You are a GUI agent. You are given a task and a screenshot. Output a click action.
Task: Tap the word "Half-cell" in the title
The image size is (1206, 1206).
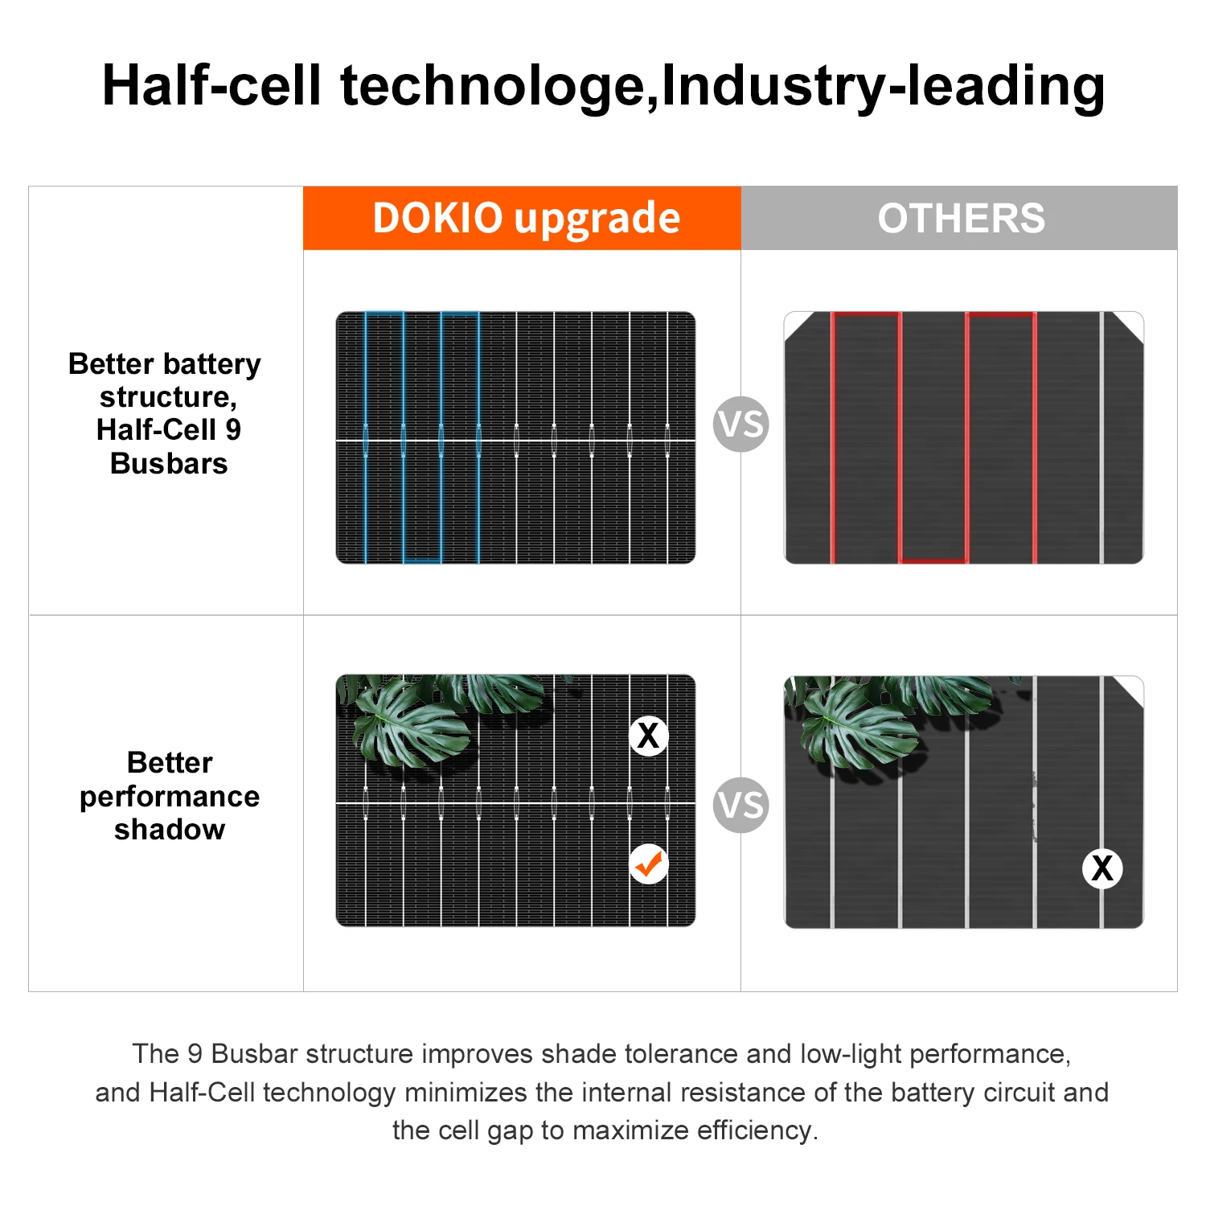point(211,86)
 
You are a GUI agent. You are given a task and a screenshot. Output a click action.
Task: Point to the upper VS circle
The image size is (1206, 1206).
point(740,424)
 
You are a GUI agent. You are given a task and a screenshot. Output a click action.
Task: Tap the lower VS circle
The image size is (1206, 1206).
point(740,805)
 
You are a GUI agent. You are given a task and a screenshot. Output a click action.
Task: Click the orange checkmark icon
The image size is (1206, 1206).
point(649,864)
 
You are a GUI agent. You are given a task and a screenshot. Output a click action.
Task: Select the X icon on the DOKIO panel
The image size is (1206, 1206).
point(648,735)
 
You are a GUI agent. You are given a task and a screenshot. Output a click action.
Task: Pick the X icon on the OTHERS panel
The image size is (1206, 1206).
point(1102,868)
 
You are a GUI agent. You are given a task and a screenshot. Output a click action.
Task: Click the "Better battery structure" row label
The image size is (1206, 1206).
point(165,380)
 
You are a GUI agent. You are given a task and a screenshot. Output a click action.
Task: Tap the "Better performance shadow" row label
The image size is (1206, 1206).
point(170,796)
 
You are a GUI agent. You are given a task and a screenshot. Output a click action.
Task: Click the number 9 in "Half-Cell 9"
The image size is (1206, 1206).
point(233,430)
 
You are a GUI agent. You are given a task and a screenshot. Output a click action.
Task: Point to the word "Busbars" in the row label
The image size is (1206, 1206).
point(169,464)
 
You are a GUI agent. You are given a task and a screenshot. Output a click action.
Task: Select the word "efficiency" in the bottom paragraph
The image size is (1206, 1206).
point(757,1130)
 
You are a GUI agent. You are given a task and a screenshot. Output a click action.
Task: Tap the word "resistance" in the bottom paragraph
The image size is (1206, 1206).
point(693,1093)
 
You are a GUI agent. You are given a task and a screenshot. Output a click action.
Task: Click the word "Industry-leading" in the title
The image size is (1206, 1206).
point(883,86)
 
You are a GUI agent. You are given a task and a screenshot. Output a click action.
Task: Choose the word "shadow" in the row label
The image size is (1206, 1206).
point(170,830)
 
